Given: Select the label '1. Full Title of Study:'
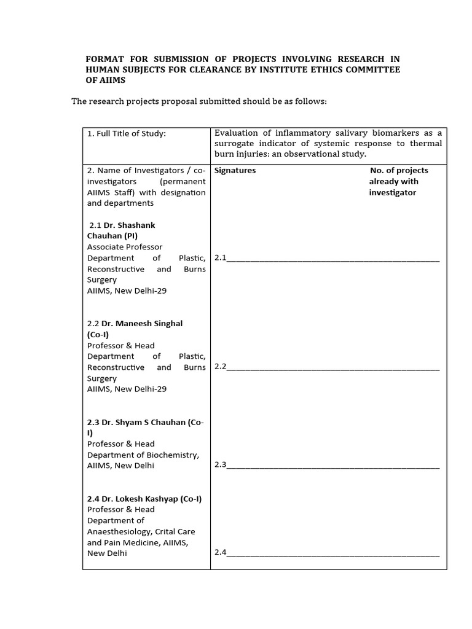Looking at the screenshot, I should pos(127,133).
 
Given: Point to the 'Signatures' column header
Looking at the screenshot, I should pos(235,170).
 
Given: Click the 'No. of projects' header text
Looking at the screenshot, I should pos(399,170).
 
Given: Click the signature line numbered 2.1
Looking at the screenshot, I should pos(332,258).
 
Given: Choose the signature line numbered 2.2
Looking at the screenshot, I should pos(332,367).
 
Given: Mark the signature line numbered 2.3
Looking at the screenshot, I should pos(332,466).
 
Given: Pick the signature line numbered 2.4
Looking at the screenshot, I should pos(332,553).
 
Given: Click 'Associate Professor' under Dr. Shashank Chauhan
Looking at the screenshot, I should pos(125,247).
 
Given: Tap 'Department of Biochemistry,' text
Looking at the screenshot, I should pos(143,455).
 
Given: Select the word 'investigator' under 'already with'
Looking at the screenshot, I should pos(393,192).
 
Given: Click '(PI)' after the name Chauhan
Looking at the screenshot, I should pos(131,236).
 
